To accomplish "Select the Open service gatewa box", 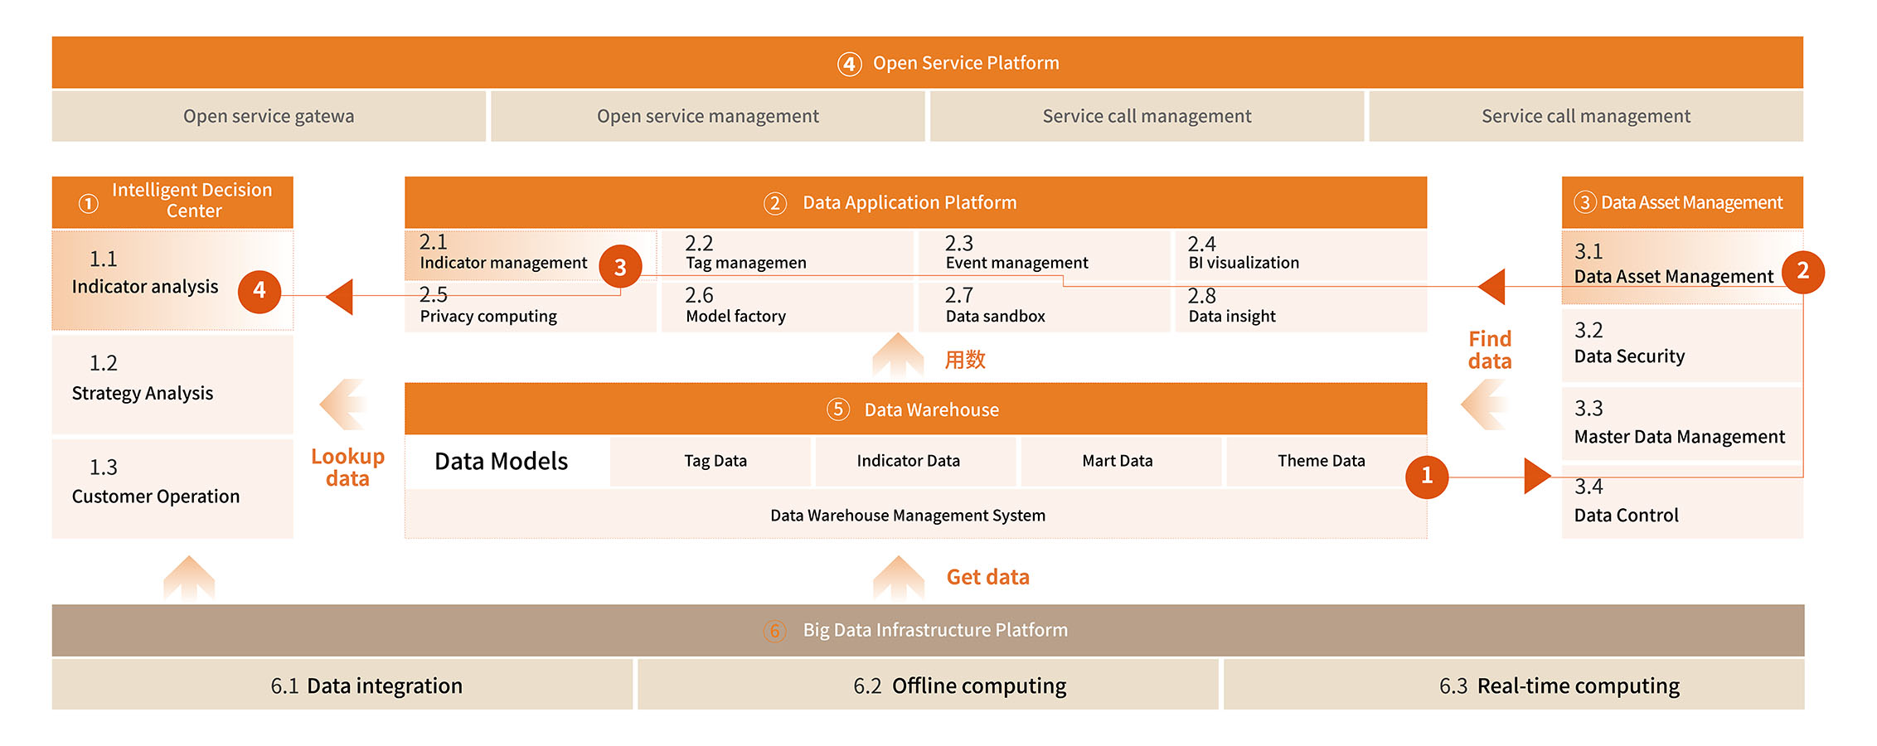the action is pos(269,116).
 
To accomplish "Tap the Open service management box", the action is pos(708,116).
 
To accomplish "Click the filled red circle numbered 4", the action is pos(259,291).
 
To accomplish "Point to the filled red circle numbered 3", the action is pos(620,266).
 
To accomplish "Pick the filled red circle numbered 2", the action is pos(1802,272).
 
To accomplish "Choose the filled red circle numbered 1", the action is pos(1427,477).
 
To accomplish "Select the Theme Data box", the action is pos(1322,461).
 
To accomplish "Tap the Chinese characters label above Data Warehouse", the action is pos(965,360).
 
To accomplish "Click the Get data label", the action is pos(988,577).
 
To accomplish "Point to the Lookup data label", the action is pos(347,467).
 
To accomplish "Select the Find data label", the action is pos(1490,350).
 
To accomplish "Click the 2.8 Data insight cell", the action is pos(1301,307).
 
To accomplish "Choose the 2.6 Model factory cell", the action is pos(788,307).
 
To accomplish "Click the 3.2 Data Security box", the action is pos(1682,344).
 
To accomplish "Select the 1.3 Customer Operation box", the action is pos(172,489).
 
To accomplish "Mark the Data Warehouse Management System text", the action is pos(908,516).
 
